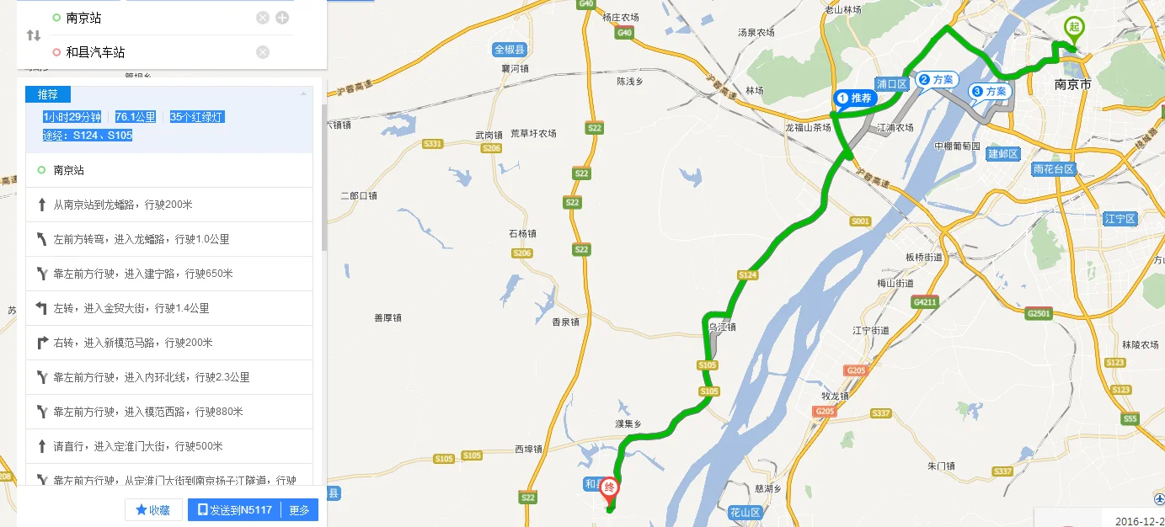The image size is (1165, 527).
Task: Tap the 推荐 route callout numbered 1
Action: (857, 98)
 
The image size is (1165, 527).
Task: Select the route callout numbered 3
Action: (991, 91)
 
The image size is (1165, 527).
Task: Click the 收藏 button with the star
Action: (153, 509)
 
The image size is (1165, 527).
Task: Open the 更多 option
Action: (300, 509)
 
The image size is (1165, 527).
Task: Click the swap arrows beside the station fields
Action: (34, 35)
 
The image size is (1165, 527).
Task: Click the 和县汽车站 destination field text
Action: (95, 52)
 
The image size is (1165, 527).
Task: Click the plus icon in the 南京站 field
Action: (282, 18)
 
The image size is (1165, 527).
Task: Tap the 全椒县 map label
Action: (510, 50)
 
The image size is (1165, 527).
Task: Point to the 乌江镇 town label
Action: (722, 327)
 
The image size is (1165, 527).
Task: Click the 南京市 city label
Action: (1072, 85)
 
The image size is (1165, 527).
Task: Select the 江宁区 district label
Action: (1120, 219)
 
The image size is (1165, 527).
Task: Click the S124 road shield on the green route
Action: (747, 274)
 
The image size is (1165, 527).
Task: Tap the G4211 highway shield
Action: (926, 301)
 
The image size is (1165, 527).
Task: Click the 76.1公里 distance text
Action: (135, 117)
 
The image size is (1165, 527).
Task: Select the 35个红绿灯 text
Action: (196, 117)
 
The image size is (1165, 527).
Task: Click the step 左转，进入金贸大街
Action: (131, 308)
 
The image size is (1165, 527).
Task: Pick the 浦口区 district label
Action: (890, 83)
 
